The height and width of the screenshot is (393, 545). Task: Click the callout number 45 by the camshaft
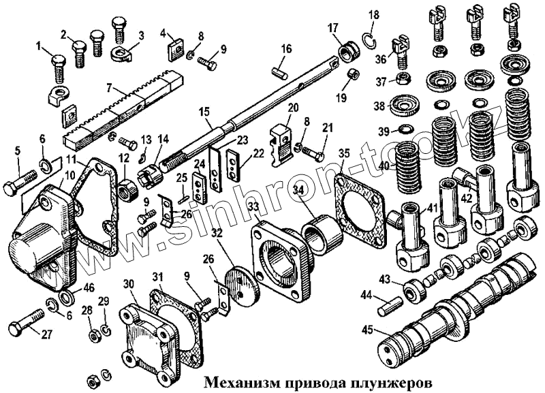tap(368, 331)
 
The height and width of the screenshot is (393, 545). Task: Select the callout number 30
tap(128, 284)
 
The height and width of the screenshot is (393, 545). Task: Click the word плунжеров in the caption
tap(395, 380)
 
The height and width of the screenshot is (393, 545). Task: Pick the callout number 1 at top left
tap(39, 47)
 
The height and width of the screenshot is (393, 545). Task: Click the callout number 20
tap(294, 108)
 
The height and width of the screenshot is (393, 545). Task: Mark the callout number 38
tap(379, 106)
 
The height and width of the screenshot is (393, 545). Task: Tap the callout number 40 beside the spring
tap(384, 165)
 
